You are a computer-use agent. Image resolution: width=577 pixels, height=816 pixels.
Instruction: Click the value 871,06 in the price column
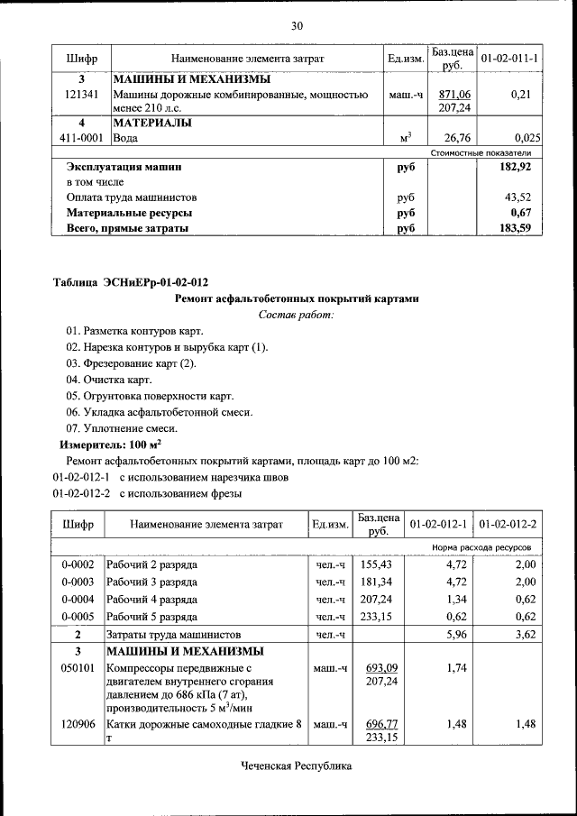(x=454, y=94)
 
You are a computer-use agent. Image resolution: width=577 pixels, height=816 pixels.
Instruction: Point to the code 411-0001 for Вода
(x=81, y=138)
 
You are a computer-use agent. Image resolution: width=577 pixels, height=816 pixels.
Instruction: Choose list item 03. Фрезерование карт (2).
(x=131, y=363)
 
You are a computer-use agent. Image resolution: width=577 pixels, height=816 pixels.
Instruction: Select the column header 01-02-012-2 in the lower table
(x=508, y=524)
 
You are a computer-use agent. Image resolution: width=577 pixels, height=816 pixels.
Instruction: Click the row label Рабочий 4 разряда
(x=151, y=599)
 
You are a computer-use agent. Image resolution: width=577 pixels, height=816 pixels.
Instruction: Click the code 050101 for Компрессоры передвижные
(x=78, y=668)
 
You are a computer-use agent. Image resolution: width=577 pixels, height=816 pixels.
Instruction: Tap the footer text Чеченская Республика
(x=296, y=766)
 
